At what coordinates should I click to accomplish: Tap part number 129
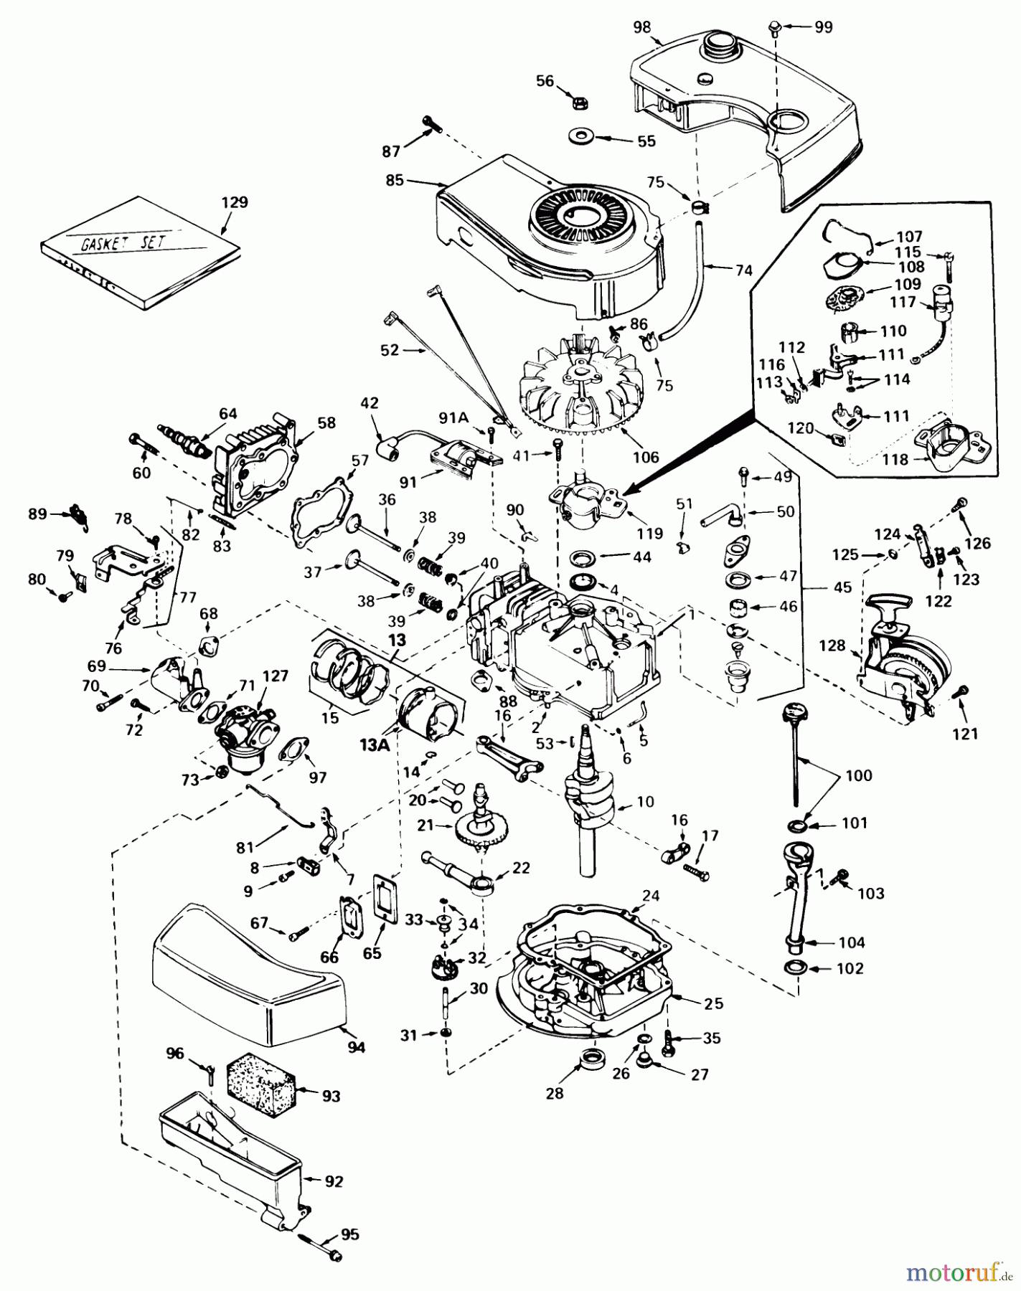(x=235, y=202)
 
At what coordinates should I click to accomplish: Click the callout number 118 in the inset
(x=895, y=460)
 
